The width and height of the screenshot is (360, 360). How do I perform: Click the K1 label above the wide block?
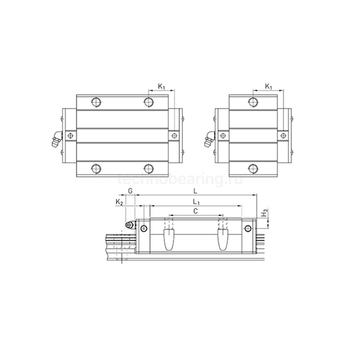coord(162,86)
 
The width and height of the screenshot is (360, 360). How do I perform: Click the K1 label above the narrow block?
coord(270,86)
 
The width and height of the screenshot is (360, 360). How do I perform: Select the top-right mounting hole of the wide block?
coord(150,102)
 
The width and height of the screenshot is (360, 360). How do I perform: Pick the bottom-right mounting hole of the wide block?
coord(150,168)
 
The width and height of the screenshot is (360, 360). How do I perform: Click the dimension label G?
coord(130,191)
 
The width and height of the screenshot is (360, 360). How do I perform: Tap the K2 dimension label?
coord(118,204)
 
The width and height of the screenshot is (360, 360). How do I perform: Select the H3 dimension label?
coord(264,213)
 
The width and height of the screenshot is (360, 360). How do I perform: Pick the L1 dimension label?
coord(196,203)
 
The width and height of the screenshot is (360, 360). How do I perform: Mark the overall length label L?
coord(196,191)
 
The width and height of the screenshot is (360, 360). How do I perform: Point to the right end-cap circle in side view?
coord(248,227)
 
